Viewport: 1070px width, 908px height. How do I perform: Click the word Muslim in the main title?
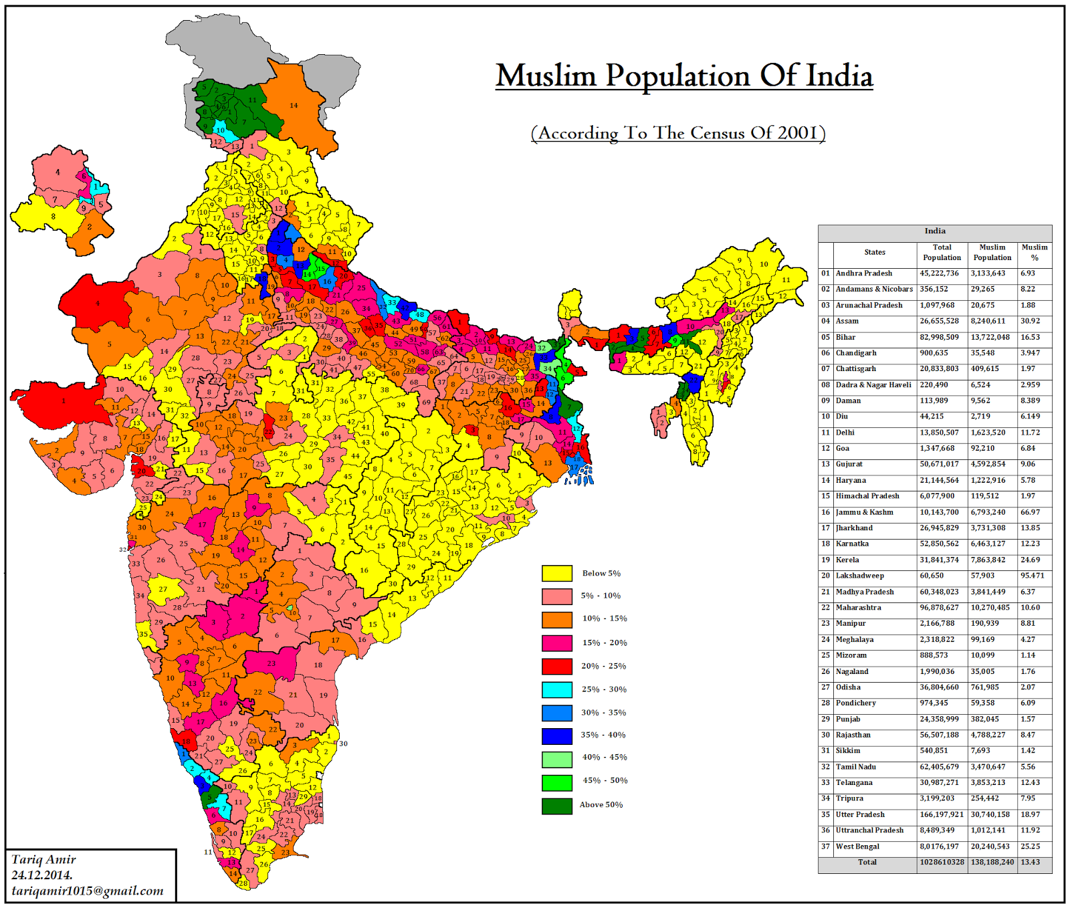click(x=546, y=76)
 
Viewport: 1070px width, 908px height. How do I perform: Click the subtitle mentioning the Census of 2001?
click(x=678, y=133)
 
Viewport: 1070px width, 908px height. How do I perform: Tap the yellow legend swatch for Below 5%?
click(x=556, y=573)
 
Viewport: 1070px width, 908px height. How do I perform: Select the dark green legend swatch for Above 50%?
click(x=556, y=805)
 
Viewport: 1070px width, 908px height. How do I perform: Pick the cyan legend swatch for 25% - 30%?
click(x=556, y=689)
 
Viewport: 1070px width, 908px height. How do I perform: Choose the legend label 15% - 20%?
click(x=604, y=643)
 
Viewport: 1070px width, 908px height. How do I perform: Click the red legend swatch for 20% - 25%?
click(x=556, y=666)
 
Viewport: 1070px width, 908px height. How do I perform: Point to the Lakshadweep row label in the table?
click(x=859, y=576)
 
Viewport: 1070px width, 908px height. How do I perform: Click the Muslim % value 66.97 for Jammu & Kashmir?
click(x=1029, y=512)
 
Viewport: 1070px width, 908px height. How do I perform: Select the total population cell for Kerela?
click(x=939, y=560)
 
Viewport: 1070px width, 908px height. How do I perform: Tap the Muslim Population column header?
click(x=992, y=252)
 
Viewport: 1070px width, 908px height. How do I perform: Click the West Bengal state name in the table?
click(x=857, y=846)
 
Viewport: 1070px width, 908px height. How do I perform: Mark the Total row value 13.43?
click(x=1030, y=862)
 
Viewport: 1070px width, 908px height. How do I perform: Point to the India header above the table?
click(x=934, y=231)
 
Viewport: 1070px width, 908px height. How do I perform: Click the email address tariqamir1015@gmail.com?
click(x=87, y=891)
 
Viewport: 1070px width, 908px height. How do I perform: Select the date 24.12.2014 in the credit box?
click(x=41, y=875)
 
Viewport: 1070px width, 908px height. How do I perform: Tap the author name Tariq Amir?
click(x=43, y=859)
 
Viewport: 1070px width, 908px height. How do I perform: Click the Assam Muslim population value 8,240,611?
click(x=992, y=321)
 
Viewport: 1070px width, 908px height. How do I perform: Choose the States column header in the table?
click(x=874, y=252)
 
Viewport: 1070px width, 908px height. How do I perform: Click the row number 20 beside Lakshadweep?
click(x=825, y=576)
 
